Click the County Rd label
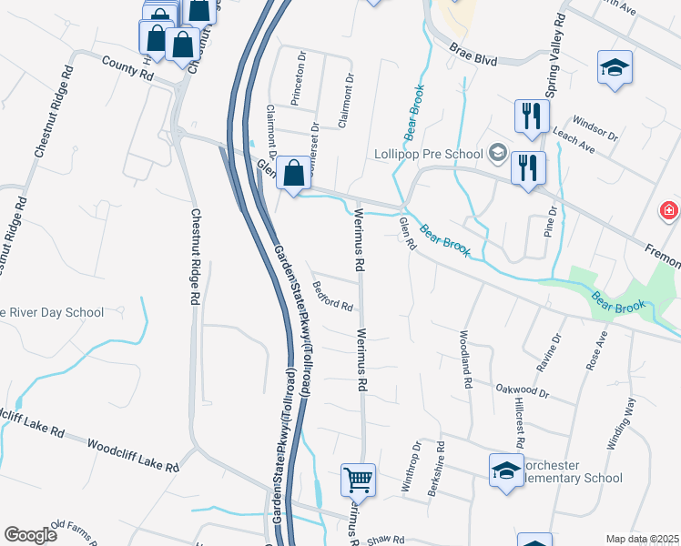click(127, 68)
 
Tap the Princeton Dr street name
click(298, 79)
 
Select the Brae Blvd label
click(473, 56)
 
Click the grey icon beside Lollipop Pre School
click(498, 152)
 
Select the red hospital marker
click(670, 211)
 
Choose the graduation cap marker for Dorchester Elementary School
click(506, 470)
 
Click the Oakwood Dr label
click(522, 390)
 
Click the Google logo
click(30, 535)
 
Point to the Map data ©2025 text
click(642, 539)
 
